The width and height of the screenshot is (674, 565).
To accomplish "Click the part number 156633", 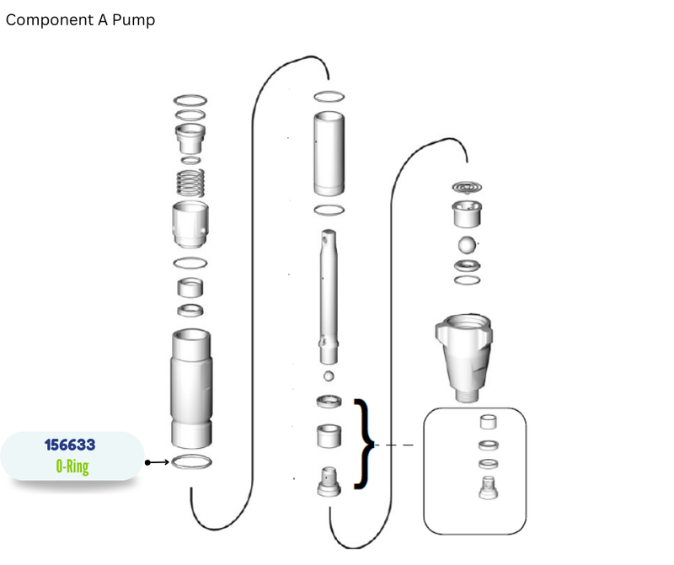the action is point(70,445).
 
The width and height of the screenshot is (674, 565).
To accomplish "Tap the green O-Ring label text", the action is point(72,466).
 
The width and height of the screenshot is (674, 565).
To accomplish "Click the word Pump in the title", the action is point(133,20).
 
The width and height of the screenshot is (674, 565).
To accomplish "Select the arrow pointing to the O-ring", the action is point(157,462).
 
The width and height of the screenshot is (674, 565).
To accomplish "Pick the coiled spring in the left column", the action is point(190,183).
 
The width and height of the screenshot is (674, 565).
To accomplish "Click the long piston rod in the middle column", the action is point(329,296).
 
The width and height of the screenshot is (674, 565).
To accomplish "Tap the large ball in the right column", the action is point(467,244).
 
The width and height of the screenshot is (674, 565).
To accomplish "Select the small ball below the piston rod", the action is point(329,376).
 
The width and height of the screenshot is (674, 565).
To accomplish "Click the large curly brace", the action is point(365,445).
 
